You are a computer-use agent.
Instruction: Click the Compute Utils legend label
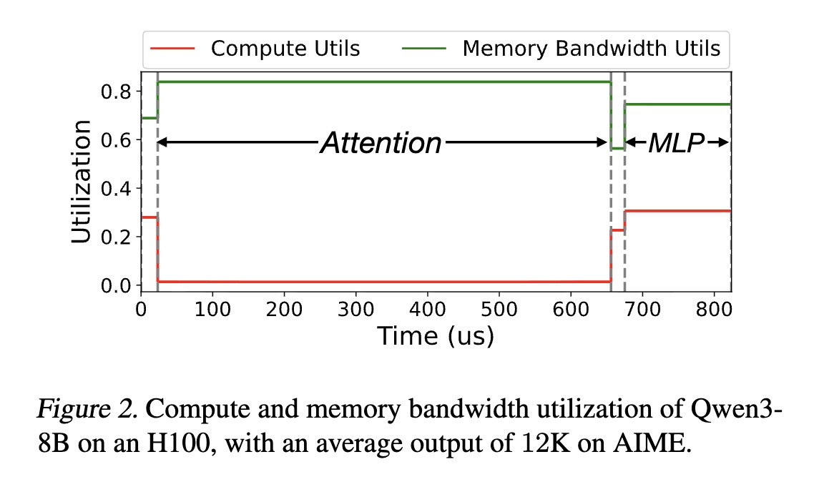285,49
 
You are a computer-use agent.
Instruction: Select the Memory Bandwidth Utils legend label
592,49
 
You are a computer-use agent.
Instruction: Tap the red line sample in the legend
172,49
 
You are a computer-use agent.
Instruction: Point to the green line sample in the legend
424,49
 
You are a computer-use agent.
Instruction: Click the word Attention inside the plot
381,143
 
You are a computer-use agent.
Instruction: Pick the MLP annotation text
677,143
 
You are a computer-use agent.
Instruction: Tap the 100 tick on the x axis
212,310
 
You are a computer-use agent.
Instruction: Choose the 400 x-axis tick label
427,310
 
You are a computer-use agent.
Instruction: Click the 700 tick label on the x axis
642,310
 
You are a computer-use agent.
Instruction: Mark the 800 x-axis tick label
714,310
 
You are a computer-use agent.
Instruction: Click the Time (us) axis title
436,336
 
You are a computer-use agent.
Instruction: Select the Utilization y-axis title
81,182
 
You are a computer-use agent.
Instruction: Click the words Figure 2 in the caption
88,410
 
